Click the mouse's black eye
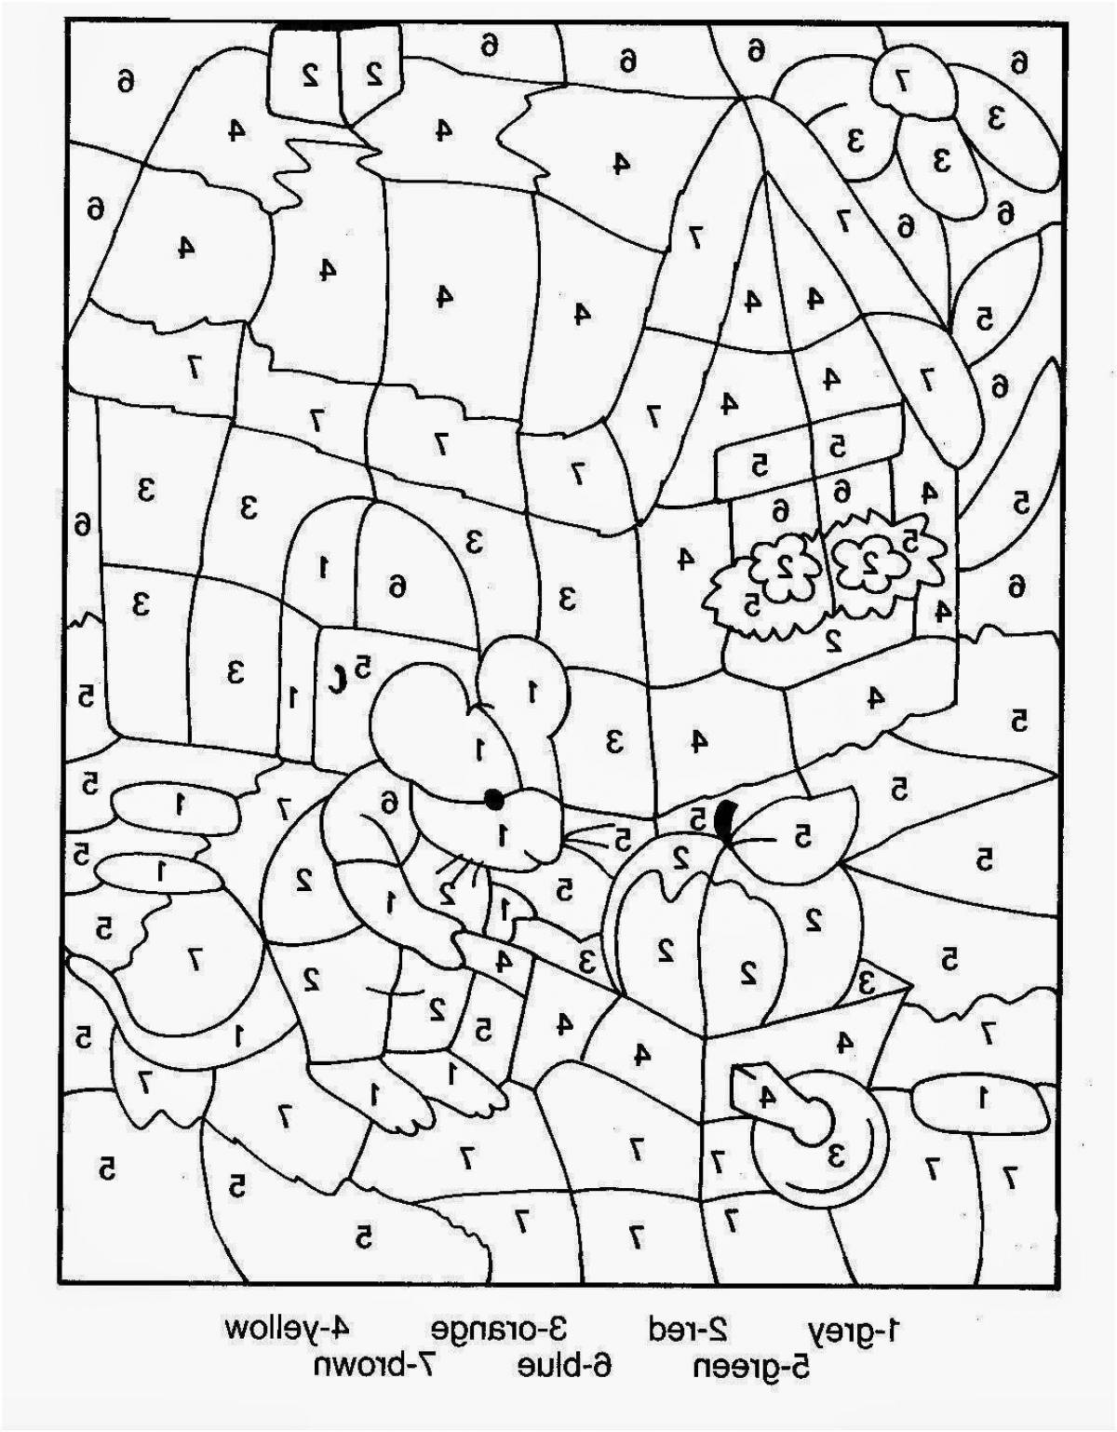pyautogui.click(x=493, y=799)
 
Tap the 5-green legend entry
pyautogui.click(x=752, y=1367)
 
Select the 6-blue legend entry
pyautogui.click(x=564, y=1367)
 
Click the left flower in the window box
pyautogui.click(x=785, y=565)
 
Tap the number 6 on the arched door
pyautogui.click(x=397, y=587)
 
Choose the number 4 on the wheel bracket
pyautogui.click(x=767, y=1095)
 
